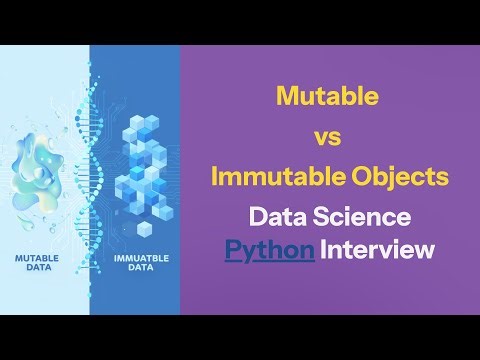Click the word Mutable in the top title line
point(327,98)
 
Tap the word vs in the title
point(328,138)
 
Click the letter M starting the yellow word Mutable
point(287,98)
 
